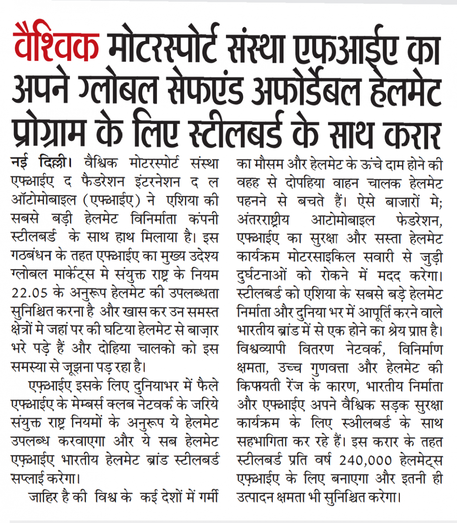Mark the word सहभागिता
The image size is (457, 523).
click(x=264, y=442)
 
